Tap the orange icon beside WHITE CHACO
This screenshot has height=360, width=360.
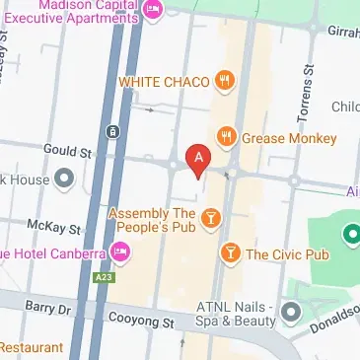coord(226,81)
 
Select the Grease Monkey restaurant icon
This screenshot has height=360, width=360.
coord(226,136)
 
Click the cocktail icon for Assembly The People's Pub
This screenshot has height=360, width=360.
coord(210,218)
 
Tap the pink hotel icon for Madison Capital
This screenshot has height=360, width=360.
coord(153,10)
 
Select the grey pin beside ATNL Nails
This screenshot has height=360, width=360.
coord(291,313)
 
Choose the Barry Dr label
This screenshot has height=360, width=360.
coord(50,308)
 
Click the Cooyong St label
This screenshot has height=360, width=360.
coord(141,323)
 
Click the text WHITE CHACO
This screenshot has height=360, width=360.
coord(163,81)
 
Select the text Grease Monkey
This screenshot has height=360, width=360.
coord(290,137)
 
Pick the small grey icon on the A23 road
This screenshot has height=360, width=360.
coord(113,130)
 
